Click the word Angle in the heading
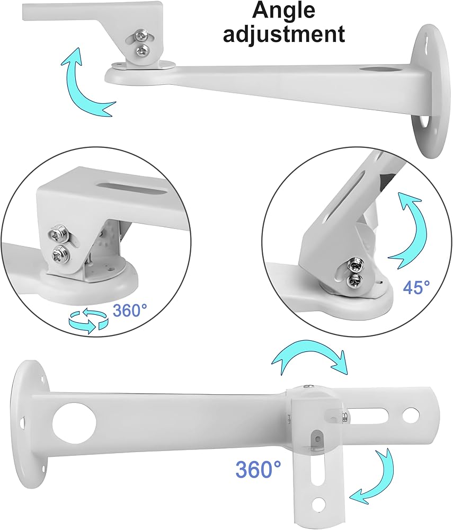point(283,10)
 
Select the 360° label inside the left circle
point(130,310)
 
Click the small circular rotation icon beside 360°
point(88,320)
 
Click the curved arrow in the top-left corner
point(84,84)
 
